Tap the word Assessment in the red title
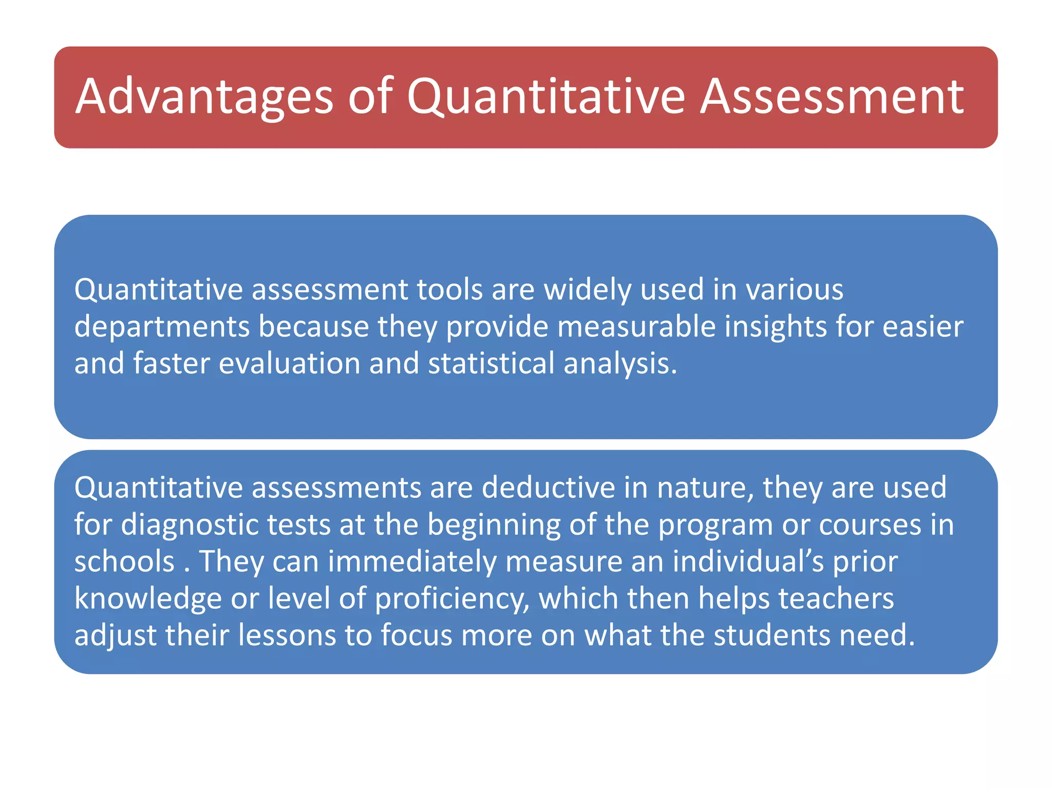[x=832, y=97]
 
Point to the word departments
[x=162, y=327]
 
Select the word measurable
[x=636, y=327]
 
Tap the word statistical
[x=491, y=364]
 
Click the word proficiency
[x=452, y=599]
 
